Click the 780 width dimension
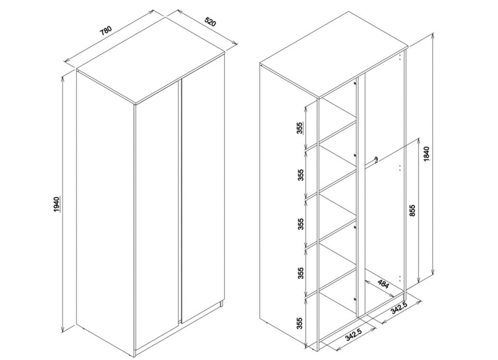point(106,31)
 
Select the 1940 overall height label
point(56,204)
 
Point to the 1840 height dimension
point(427,154)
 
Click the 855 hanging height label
point(412,210)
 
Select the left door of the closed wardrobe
point(156,220)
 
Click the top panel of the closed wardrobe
point(151,60)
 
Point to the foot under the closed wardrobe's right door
point(221,305)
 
